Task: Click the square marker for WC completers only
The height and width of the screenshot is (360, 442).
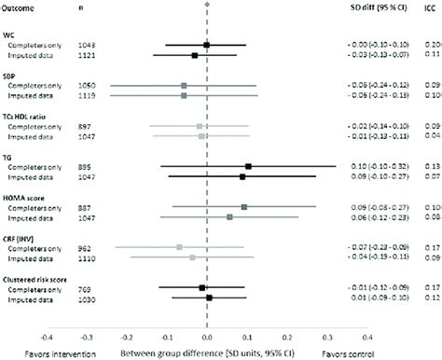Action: click(206, 45)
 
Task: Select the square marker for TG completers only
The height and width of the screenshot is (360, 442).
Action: click(248, 166)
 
